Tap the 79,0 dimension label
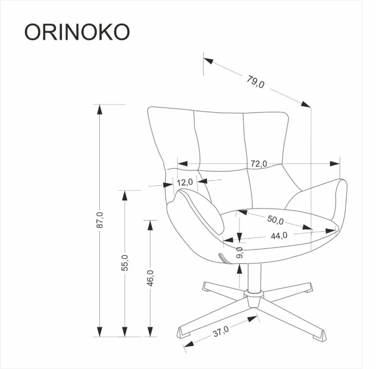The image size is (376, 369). pos(256,82)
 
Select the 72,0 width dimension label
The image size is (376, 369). pos(259,163)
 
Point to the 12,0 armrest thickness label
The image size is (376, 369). pos(185,182)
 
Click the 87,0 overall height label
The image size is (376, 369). pos(99,220)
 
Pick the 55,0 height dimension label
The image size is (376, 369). pos(125,263)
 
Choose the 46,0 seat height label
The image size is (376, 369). pos(150,278)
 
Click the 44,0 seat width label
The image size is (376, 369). pos(279,235)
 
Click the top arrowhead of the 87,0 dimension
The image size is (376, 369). pos(99,109)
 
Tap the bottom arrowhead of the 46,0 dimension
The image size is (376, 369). pos(150,332)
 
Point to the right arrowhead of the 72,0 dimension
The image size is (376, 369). pos(334,163)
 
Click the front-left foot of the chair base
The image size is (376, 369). pos(183,333)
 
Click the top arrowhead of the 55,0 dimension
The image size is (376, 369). pos(124,195)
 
